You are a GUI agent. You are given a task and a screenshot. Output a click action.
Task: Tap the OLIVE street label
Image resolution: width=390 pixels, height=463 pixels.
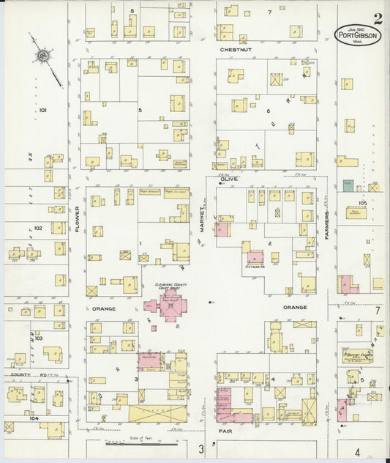click(x=230, y=178)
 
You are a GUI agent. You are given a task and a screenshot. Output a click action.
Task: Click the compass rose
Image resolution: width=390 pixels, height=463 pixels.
click(x=43, y=55)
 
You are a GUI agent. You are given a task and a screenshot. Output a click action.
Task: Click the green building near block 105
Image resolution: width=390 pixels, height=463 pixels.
click(x=348, y=186)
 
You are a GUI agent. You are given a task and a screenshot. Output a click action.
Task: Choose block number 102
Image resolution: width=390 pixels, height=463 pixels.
click(x=38, y=228)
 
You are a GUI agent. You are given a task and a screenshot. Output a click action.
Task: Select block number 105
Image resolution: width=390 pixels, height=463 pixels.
click(x=362, y=202)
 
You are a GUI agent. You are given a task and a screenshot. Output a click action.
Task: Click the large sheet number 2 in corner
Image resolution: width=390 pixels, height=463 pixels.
click(x=377, y=20)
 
